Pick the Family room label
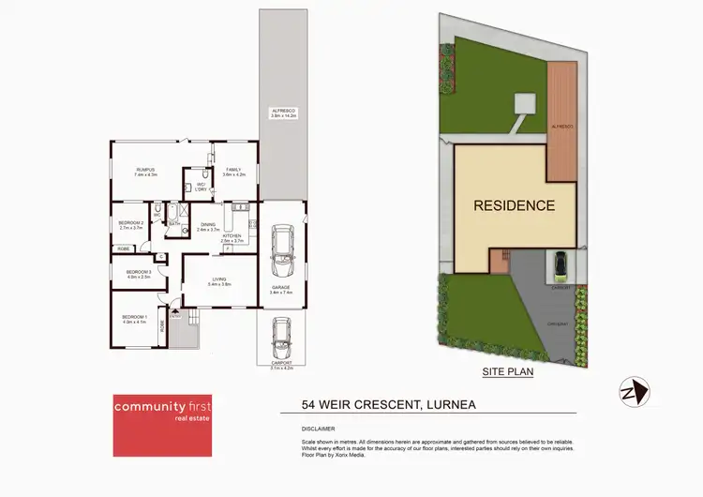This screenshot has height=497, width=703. (x=233, y=172)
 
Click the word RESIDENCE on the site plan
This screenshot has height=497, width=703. (x=513, y=205)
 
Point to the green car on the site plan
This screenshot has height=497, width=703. (x=561, y=264)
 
